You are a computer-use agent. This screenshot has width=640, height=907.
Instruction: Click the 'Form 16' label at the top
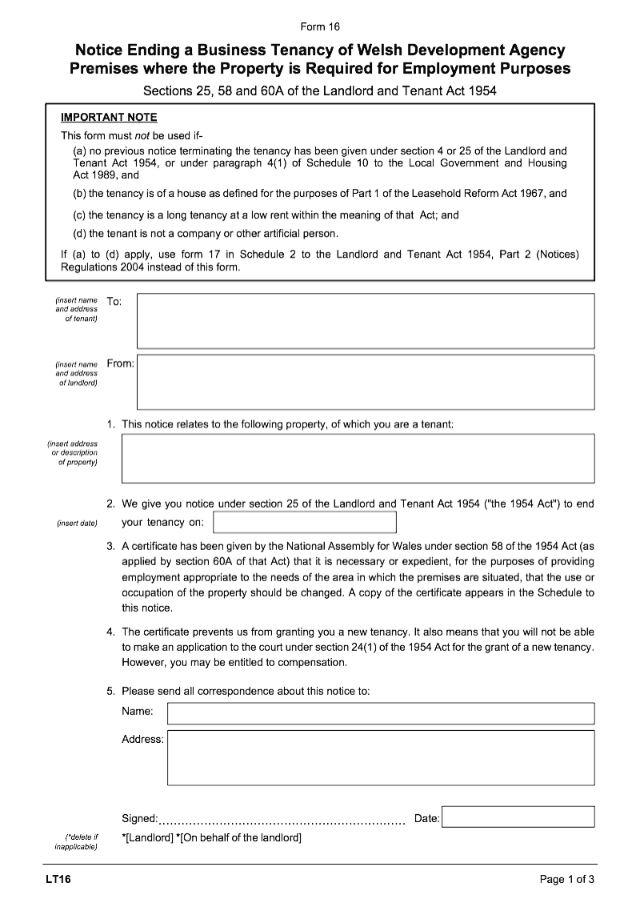point(320,27)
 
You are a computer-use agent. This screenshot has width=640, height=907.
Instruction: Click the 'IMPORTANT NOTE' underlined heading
point(109,118)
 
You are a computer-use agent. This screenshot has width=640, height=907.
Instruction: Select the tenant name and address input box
point(366,320)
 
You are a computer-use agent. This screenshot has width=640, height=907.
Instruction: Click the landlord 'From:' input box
point(366,382)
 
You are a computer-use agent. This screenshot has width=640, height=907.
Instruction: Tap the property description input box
point(358,459)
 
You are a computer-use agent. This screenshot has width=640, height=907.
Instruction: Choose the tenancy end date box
point(305,523)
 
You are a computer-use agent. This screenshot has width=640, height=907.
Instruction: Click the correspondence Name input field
point(381,713)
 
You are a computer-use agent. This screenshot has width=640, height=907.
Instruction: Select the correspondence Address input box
point(381,757)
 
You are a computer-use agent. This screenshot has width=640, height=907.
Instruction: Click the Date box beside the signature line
point(518,817)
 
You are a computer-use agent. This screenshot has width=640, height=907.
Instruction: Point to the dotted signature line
point(282,820)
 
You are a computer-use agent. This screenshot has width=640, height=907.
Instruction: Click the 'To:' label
point(114,302)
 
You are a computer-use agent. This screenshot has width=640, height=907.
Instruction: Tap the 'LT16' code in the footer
point(58,880)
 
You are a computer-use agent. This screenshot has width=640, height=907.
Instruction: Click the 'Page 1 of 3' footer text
point(567,880)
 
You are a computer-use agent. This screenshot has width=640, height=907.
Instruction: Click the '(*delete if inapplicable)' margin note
point(77,842)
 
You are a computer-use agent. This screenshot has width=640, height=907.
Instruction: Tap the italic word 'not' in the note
point(146,135)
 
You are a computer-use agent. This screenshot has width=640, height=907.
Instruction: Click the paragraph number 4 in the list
point(110,632)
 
